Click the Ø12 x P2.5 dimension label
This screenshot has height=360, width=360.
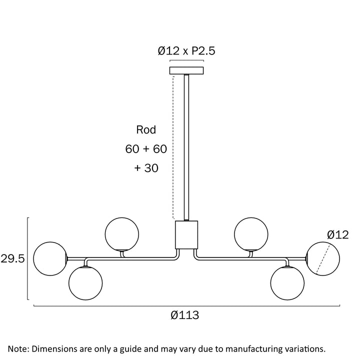186,50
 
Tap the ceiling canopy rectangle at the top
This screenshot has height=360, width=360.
186,70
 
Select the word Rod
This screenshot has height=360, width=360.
146,129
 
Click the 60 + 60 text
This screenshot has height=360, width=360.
146,149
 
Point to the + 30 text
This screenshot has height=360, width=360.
146,168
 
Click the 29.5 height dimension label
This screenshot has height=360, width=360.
12,259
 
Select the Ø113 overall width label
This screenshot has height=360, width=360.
185,315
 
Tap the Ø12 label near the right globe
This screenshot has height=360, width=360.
337,235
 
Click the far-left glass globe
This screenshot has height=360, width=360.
50,258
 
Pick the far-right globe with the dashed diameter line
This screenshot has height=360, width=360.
323,258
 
